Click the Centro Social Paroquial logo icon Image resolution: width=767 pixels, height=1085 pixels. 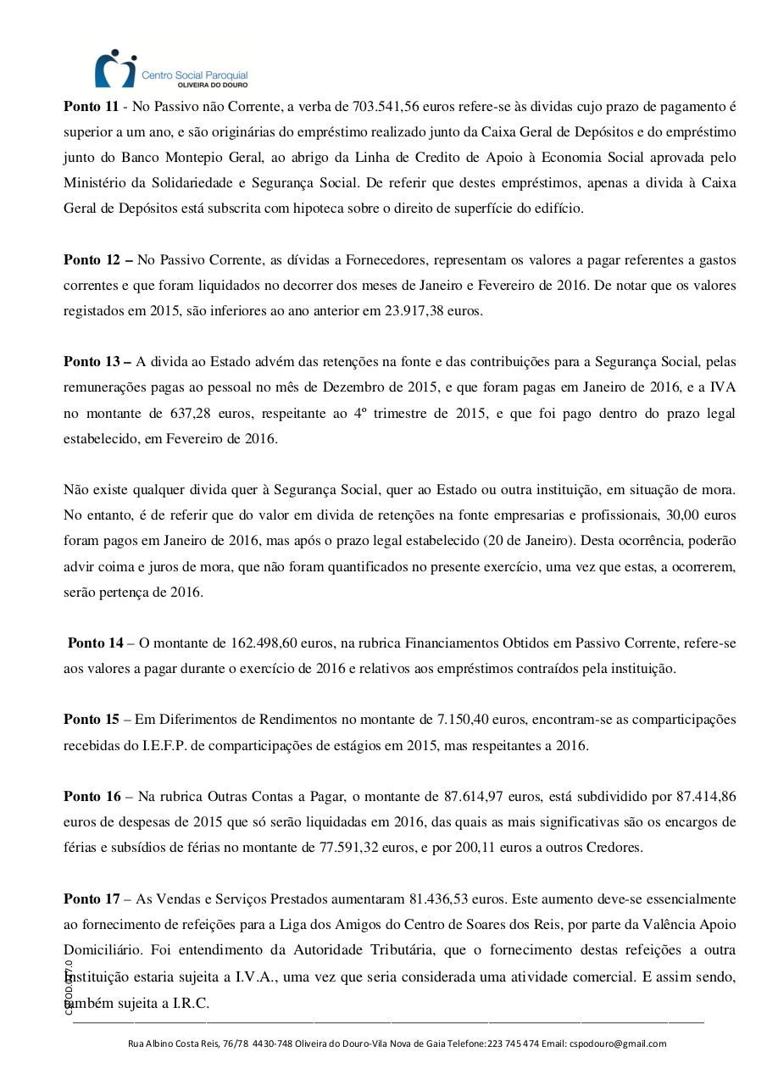(x=114, y=70)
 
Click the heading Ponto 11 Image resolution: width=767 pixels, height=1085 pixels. (x=92, y=107)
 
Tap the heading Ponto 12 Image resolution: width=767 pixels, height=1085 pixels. (x=92, y=259)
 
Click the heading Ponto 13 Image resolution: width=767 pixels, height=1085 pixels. (x=92, y=362)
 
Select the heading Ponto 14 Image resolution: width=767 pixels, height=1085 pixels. (x=95, y=643)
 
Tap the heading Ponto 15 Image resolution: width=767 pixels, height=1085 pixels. (x=92, y=720)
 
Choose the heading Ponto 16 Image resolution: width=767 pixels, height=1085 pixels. (x=92, y=796)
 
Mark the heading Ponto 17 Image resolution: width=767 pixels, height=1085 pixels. (x=92, y=899)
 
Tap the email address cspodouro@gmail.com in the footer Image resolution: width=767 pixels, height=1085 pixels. (x=618, y=1043)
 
